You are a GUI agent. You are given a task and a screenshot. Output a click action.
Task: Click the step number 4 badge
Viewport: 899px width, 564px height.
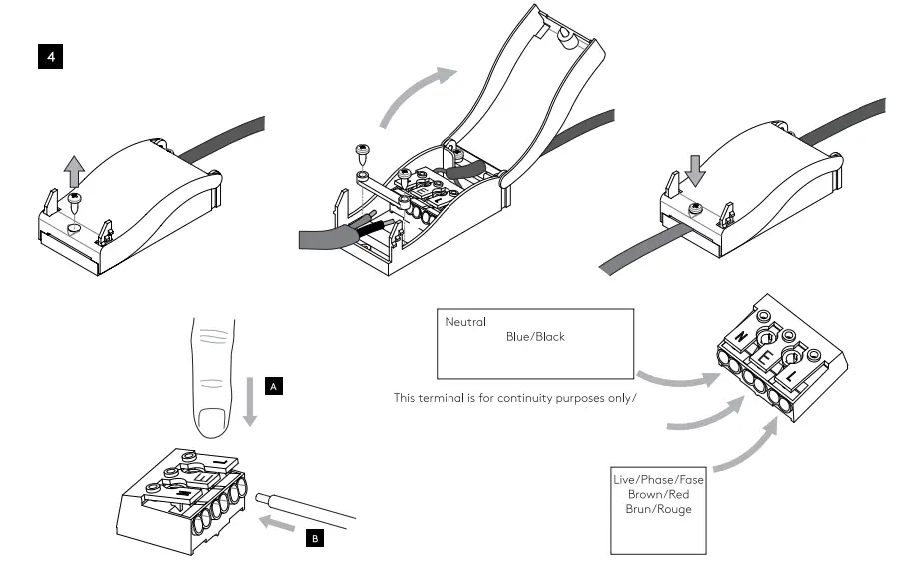tap(49, 57)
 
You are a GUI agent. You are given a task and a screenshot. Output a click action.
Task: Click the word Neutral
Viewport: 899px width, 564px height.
tap(465, 322)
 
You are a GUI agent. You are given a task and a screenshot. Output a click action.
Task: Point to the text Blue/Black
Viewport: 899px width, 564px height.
tap(535, 337)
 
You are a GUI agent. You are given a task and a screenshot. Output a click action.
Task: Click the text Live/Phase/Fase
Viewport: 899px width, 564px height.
tap(658, 480)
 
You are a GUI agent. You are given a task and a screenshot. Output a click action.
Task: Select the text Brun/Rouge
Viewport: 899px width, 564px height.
tap(658, 509)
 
